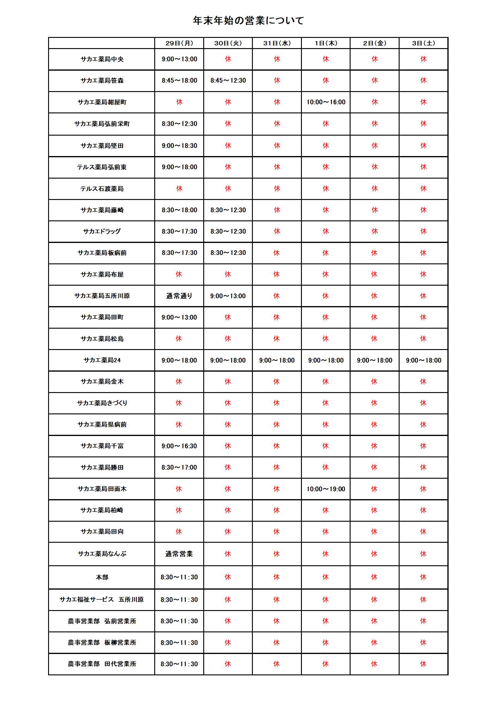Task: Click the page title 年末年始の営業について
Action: [248, 20]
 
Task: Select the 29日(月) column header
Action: [179, 43]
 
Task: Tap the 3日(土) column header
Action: [424, 43]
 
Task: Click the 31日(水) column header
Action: [277, 43]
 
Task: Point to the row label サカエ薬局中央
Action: [102, 59]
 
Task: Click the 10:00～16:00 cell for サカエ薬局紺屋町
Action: [326, 102]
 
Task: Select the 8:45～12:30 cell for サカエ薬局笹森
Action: [228, 81]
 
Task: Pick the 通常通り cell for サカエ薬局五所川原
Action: [179, 296]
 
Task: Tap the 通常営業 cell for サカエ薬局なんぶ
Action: [179, 554]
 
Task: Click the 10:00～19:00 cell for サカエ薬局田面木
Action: [326, 489]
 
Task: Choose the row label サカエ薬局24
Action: [102, 360]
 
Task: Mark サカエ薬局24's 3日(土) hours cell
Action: [424, 361]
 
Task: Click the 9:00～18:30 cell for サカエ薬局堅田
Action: [179, 146]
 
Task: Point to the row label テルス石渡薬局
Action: [102, 189]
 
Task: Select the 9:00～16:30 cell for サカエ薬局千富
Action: [179, 446]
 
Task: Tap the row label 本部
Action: [102, 577]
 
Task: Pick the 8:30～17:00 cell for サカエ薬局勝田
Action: [179, 468]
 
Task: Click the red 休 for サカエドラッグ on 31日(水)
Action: [277, 232]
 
